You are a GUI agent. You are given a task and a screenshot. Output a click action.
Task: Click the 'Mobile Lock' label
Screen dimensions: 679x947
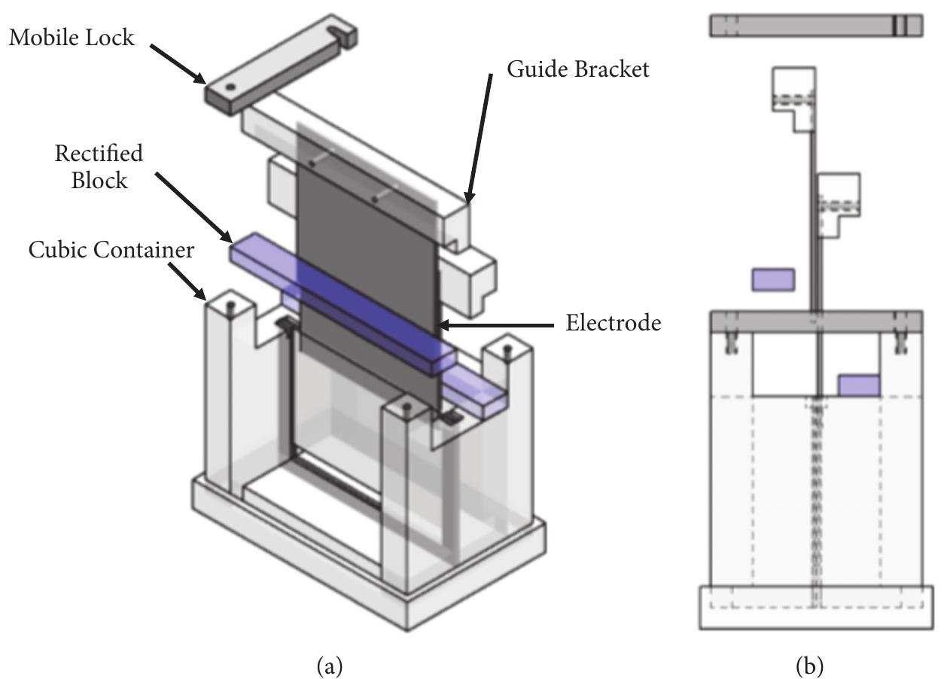pos(72,37)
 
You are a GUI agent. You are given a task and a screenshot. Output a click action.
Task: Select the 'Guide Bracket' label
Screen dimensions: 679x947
pos(577,69)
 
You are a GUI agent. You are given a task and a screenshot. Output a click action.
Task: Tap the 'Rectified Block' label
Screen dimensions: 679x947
pos(98,166)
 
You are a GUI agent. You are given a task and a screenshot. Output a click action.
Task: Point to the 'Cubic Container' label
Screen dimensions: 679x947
pos(111,250)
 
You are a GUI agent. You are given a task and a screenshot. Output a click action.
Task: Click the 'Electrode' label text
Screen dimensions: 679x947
pos(613,324)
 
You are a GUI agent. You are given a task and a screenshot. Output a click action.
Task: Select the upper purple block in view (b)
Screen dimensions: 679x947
pos(773,279)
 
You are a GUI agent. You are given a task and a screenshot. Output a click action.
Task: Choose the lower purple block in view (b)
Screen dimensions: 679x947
pos(859,385)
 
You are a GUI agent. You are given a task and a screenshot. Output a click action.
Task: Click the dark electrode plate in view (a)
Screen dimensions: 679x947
pos(361,226)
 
